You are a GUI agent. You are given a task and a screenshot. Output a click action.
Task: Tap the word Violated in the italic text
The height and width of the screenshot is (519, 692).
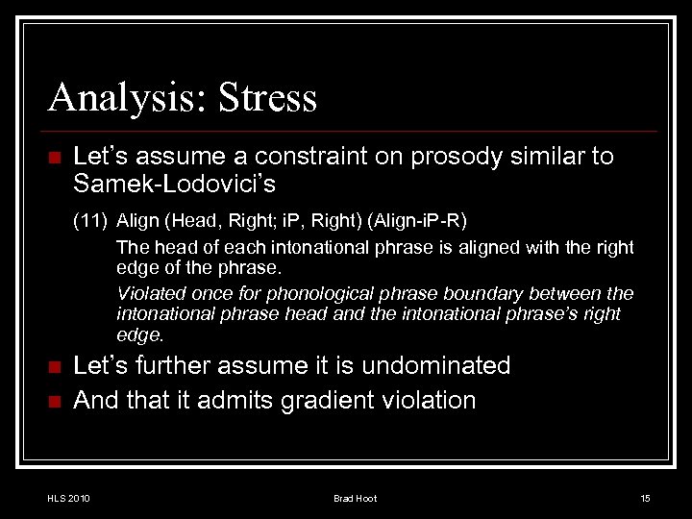146,292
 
